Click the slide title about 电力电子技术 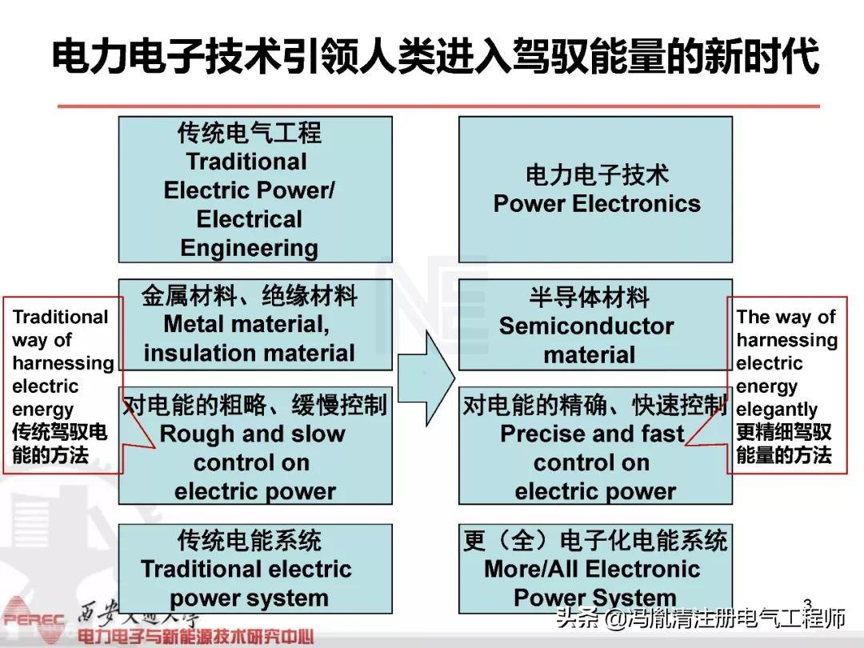coord(435,58)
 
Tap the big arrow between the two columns coord(426,377)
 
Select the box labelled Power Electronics coord(595,190)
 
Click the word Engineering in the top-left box coord(249,248)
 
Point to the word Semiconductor coord(586,326)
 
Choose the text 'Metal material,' coord(246,324)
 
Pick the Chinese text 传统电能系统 coord(249,541)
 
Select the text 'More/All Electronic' coord(592,570)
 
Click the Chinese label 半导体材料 coord(589,298)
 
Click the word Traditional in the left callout coord(60,318)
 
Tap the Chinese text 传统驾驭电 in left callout coord(59,433)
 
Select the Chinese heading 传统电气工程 coord(249,133)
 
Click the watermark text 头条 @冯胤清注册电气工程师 coord(701,618)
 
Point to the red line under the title coord(438,106)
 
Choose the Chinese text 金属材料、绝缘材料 coord(249,296)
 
